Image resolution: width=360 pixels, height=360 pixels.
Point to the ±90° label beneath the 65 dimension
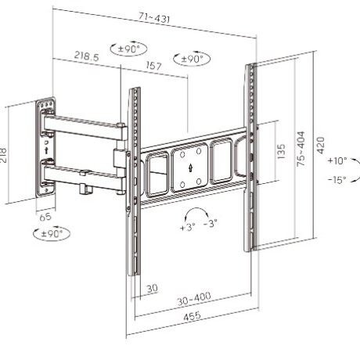coord(52,233)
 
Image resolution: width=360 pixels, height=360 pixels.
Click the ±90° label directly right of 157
coord(193,59)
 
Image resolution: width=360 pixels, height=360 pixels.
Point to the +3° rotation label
coord(187,228)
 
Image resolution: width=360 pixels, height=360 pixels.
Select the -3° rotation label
coord(211,225)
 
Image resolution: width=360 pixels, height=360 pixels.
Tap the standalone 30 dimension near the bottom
coord(152,289)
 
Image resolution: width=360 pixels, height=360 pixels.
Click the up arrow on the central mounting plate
coord(191,166)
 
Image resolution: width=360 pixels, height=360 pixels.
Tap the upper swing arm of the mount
coord(82,124)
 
